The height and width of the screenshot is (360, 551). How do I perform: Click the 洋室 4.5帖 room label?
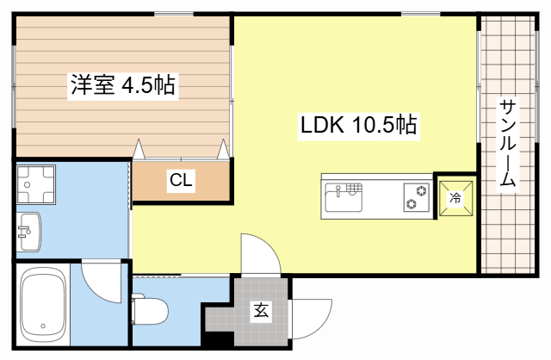coord(123,85)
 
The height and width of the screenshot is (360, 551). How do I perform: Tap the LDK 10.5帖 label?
coord(358,126)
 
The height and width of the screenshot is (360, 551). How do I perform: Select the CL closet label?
coord(181,181)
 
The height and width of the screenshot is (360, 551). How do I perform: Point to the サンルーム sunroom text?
coord(507,145)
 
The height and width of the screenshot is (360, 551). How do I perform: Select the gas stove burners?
coord(416,197)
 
